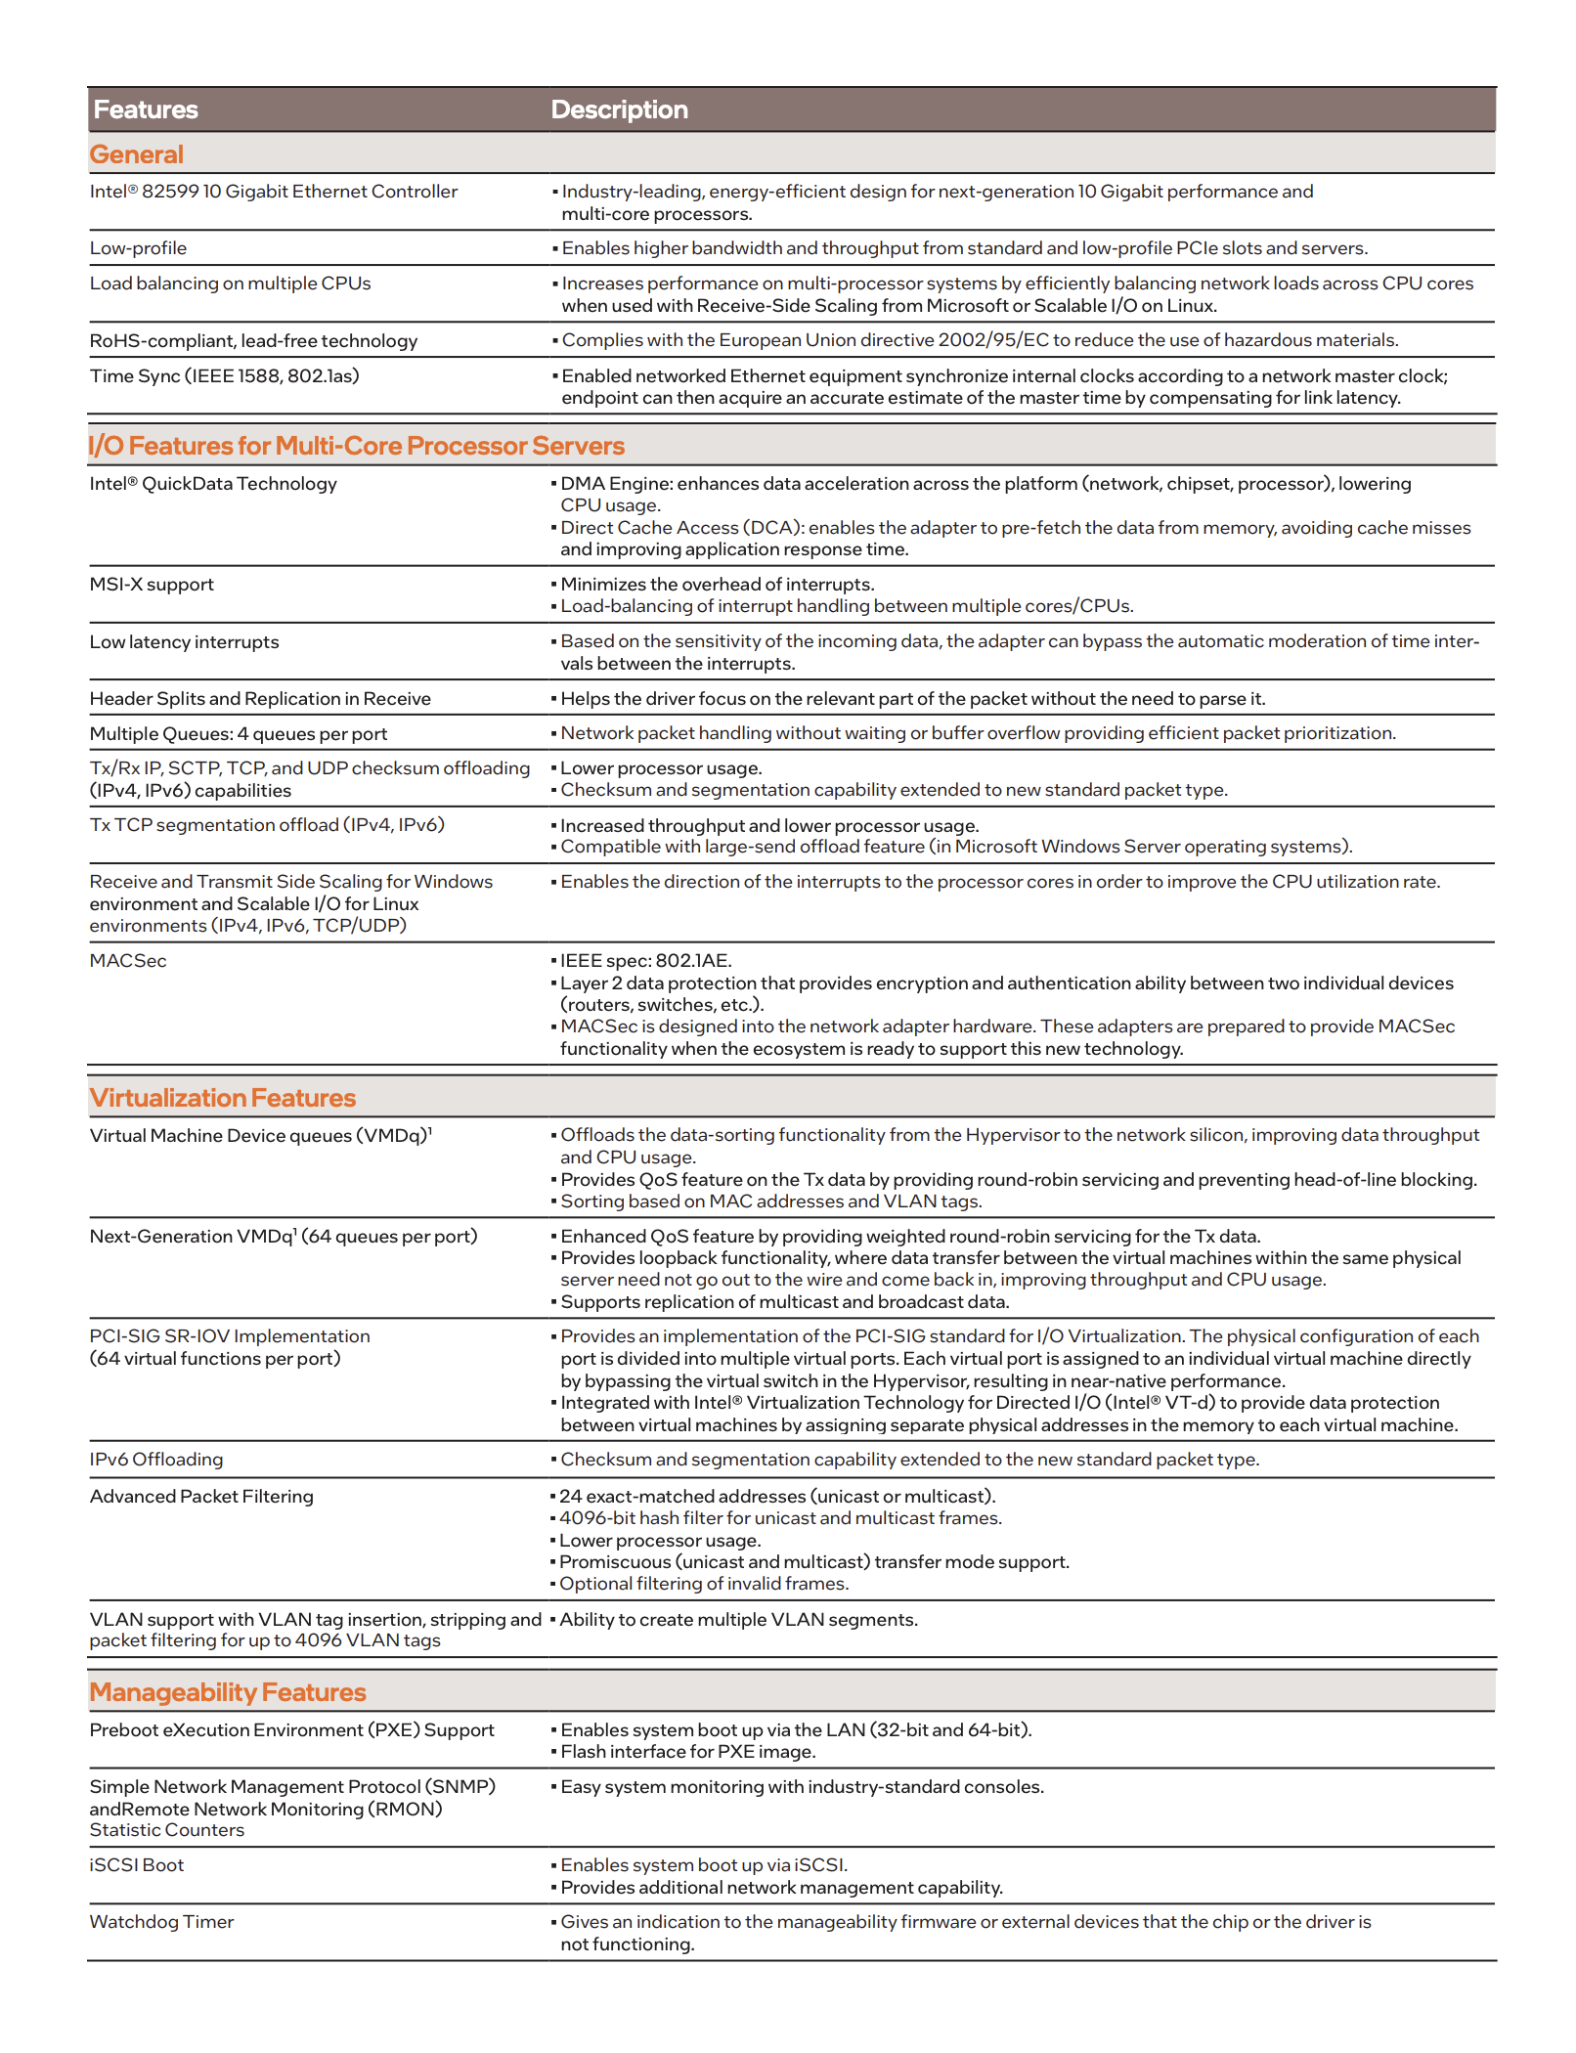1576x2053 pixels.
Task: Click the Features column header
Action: pos(146,109)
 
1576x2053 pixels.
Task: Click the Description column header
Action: pos(619,109)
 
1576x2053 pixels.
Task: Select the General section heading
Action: pos(137,154)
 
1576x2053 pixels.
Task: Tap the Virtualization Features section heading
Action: pos(223,1098)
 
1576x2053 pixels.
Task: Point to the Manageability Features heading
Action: pos(228,1692)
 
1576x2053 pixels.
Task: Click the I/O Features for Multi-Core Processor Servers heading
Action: pos(356,446)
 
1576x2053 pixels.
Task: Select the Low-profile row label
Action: pos(138,248)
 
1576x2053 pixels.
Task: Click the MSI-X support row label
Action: pos(152,585)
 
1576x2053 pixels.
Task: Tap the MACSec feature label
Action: pos(128,961)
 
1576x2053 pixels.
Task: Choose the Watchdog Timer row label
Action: pos(161,1922)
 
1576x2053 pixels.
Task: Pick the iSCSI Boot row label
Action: pos(137,1865)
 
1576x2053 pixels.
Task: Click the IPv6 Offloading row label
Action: pos(156,1460)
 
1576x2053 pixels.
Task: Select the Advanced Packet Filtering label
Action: pos(201,1497)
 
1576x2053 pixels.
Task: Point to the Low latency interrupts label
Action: pos(184,642)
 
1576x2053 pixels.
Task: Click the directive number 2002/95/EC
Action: pos(991,340)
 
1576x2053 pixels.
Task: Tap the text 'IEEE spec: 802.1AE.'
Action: pos(646,961)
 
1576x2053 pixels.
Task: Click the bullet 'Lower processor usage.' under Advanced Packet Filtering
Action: pos(660,1541)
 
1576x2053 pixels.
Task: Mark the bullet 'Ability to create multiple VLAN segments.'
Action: pos(739,1620)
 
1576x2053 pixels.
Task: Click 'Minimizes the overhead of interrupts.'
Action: pos(718,585)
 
